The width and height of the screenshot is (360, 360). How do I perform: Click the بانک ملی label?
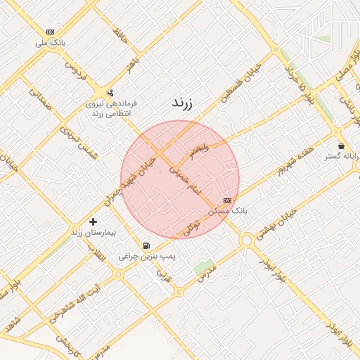pyautogui.click(x=51, y=43)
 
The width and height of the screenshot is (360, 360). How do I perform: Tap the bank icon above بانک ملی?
pyautogui.click(x=51, y=32)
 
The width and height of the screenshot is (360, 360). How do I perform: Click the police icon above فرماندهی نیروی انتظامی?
pyautogui.click(x=110, y=93)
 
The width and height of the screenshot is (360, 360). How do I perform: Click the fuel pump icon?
pyautogui.click(x=146, y=245)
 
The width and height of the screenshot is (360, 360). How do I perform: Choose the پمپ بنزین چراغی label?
pyautogui.click(x=146, y=257)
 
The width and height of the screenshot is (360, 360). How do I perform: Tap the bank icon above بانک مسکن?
pyautogui.click(x=227, y=200)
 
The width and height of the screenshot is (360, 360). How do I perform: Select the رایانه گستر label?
pyautogui.click(x=342, y=156)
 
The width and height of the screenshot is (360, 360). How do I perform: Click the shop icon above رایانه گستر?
pyautogui.click(x=341, y=146)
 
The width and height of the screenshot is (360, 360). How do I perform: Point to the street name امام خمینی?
pyautogui.click(x=186, y=181)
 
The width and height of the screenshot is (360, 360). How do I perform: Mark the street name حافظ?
pyautogui.click(x=120, y=35)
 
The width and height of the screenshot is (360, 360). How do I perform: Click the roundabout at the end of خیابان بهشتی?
pyautogui.click(x=246, y=241)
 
